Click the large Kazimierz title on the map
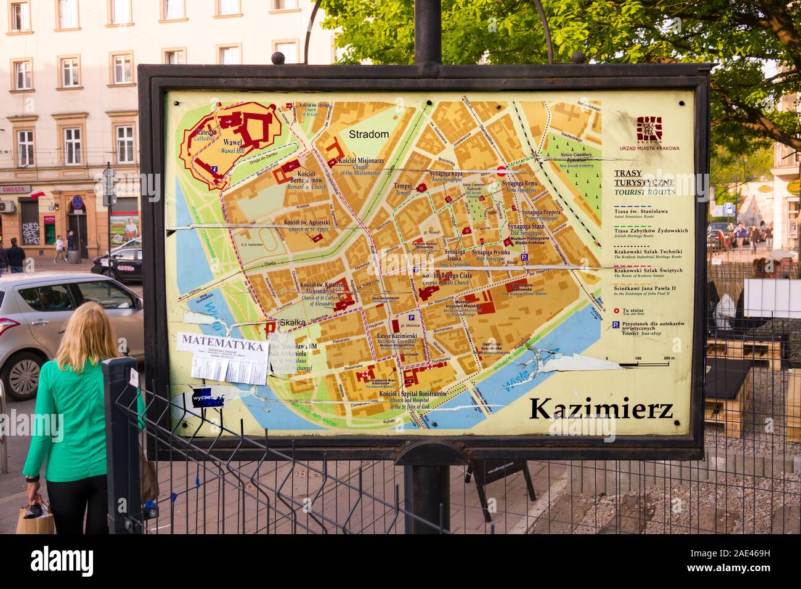coord(601,408)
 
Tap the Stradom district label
coord(368,134)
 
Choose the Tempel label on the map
coord(403,189)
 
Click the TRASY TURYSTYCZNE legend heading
coord(644,183)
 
